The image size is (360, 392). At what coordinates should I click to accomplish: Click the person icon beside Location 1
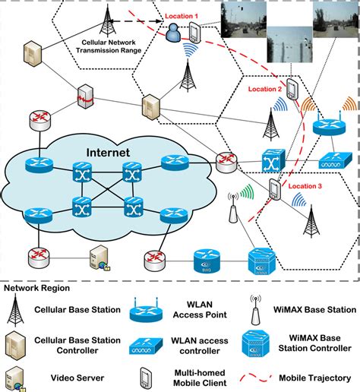[175, 33]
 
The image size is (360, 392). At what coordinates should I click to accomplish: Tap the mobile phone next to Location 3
[273, 191]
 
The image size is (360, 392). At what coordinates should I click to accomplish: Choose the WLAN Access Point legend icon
[144, 312]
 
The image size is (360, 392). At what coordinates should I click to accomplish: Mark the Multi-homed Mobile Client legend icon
[144, 376]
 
